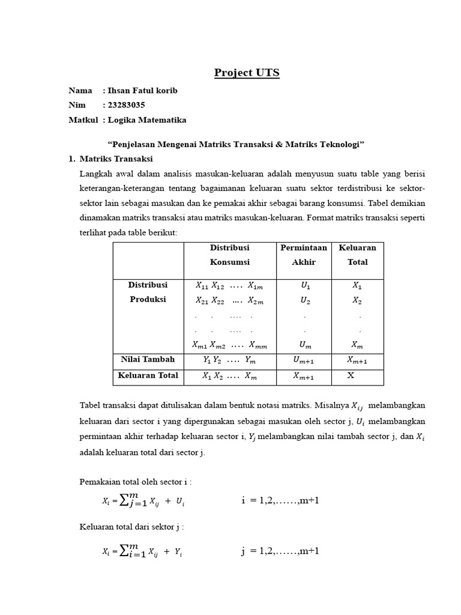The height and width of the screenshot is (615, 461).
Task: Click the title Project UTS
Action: pos(247,73)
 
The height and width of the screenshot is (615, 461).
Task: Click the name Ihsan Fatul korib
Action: pos(143,91)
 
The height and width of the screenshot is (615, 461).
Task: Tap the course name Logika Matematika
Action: pos(147,120)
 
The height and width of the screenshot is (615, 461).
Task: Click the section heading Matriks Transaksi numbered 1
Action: pos(116,159)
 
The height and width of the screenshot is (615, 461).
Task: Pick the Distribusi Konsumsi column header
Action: pos(229,255)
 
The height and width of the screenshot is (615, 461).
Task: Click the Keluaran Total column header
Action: pos(357,255)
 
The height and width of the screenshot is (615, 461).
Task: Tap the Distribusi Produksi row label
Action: pos(148,292)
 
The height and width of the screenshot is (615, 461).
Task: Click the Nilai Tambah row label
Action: pos(148,359)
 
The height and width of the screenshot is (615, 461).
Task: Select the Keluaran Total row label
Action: pos(148,375)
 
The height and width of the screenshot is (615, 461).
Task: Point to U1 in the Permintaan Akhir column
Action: pos(306,286)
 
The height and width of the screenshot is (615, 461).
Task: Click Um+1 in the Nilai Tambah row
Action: pos(304,360)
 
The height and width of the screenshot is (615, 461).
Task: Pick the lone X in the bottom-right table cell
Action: pos(351,375)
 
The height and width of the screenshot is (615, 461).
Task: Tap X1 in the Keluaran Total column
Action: pos(357,286)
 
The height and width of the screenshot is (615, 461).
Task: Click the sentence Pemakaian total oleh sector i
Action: pos(135,482)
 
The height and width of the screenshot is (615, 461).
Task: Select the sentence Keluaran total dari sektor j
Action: pos(131,527)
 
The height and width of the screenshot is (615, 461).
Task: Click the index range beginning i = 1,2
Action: pos(280,500)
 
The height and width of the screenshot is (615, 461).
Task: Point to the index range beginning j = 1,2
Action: pos(280,551)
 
